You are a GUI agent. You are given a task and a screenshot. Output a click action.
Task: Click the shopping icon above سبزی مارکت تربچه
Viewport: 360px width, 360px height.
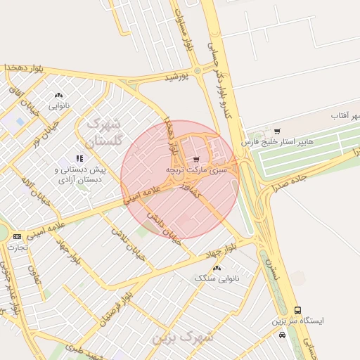196,158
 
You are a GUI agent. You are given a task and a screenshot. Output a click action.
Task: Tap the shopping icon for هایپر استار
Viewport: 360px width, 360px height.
277,131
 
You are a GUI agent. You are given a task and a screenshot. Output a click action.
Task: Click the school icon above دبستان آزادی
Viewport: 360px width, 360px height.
79,158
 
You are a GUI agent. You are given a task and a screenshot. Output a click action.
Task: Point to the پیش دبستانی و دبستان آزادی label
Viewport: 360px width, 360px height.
79,174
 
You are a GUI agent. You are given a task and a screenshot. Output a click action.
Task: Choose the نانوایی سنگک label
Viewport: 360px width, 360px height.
216,278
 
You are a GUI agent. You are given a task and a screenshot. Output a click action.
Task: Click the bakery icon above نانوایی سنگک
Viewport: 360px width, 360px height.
216,267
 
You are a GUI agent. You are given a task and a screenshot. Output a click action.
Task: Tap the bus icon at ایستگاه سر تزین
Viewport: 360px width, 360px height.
298,310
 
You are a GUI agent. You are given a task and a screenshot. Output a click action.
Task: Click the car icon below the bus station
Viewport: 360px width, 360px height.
282,335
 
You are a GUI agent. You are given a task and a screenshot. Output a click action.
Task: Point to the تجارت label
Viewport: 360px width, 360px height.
18,247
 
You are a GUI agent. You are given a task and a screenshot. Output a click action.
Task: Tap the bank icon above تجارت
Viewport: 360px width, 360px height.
18,236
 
